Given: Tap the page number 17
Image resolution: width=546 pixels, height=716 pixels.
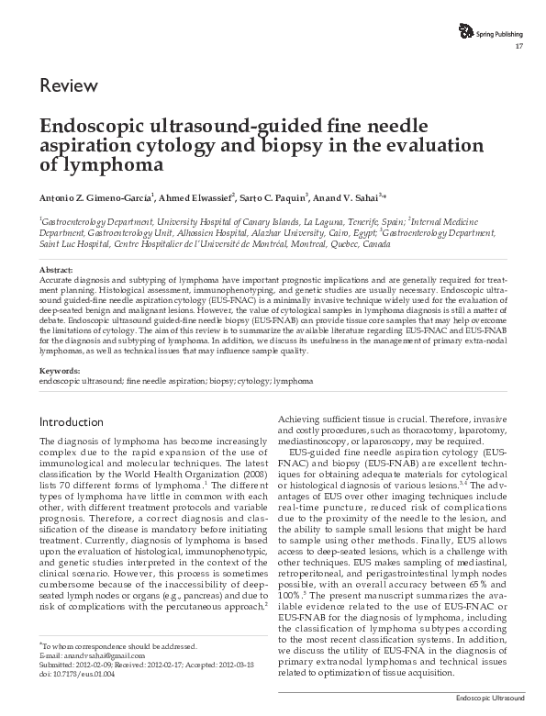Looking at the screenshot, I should (x=520, y=47).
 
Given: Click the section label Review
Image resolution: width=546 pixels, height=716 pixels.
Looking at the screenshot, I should (x=69, y=86).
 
